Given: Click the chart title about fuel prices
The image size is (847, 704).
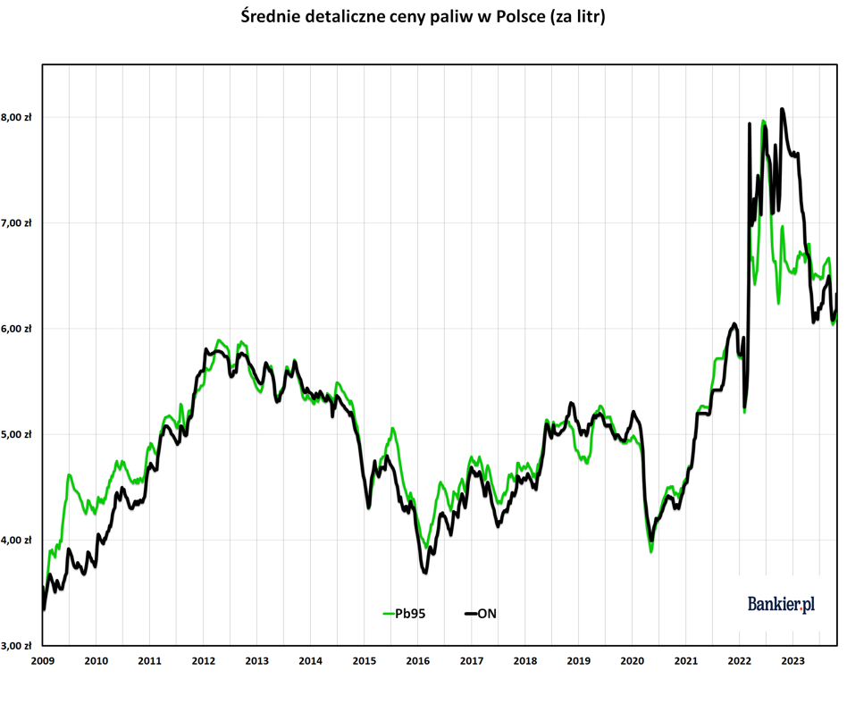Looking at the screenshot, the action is (x=423, y=17).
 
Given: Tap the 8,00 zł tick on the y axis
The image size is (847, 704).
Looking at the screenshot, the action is (x=16, y=117).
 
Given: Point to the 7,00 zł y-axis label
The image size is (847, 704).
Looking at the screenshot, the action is (x=16, y=223).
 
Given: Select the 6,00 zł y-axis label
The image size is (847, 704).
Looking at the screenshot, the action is (x=16, y=329).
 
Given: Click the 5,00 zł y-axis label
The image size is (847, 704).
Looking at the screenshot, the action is (x=16, y=434).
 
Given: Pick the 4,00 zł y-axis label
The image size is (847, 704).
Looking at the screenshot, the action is (x=16, y=541).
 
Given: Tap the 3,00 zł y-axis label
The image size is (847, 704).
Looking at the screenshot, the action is (x=16, y=646).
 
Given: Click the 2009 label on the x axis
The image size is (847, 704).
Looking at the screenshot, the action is (x=43, y=661).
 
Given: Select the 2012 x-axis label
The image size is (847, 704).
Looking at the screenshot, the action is (x=203, y=661).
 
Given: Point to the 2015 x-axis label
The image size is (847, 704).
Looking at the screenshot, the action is (x=364, y=661).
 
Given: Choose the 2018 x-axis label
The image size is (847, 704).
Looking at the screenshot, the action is (x=525, y=661).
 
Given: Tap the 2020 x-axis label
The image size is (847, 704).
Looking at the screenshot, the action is (x=632, y=661).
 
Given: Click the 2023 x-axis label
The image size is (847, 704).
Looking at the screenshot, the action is (x=793, y=661).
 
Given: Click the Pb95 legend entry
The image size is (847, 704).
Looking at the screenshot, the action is (x=404, y=614).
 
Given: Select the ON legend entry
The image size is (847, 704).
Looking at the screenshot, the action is (x=480, y=614).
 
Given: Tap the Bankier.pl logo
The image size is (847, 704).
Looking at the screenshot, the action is (x=781, y=604).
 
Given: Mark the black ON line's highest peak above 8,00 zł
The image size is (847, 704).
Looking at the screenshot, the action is (x=782, y=109).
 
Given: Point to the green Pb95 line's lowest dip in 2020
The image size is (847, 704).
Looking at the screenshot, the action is (x=651, y=551).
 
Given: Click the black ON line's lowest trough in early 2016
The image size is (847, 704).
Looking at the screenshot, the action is (x=425, y=572).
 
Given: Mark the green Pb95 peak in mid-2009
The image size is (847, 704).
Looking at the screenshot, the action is (x=69, y=474).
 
